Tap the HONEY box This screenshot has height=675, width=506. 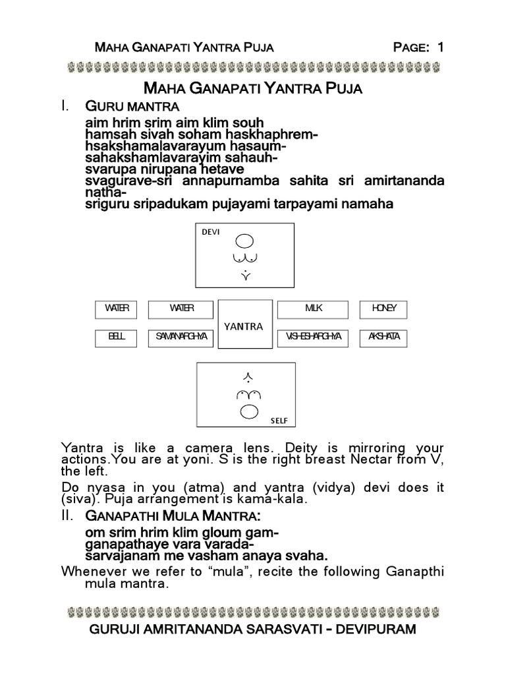(383, 308)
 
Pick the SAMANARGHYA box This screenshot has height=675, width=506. (181, 337)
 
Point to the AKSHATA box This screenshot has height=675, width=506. (383, 337)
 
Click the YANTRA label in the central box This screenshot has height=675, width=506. (244, 326)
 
